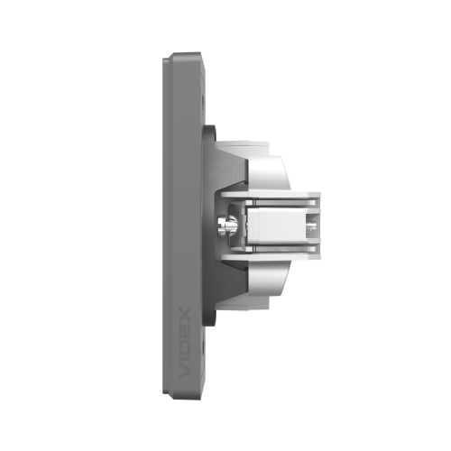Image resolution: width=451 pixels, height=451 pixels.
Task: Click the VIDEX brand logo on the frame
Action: [185, 342]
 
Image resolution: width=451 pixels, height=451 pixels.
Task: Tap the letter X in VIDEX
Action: [185, 314]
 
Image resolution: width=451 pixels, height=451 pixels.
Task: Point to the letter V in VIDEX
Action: [185, 372]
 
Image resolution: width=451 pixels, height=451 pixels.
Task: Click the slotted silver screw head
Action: [222, 225]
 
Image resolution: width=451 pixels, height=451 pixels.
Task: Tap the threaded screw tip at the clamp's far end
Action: [311, 225]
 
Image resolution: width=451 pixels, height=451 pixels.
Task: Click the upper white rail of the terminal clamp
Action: [271, 195]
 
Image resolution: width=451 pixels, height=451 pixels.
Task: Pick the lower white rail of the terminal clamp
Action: [271, 256]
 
